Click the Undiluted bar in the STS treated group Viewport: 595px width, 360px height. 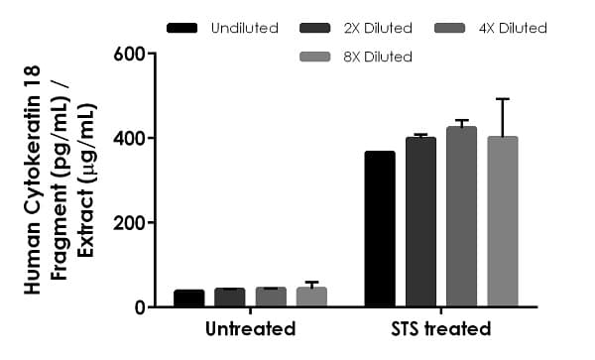click(380, 229)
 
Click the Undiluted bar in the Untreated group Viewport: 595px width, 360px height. click(188, 298)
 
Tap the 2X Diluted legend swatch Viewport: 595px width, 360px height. click(322, 28)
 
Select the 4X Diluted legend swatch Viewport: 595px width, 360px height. click(458, 28)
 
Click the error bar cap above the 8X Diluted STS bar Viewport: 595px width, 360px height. click(502, 99)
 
